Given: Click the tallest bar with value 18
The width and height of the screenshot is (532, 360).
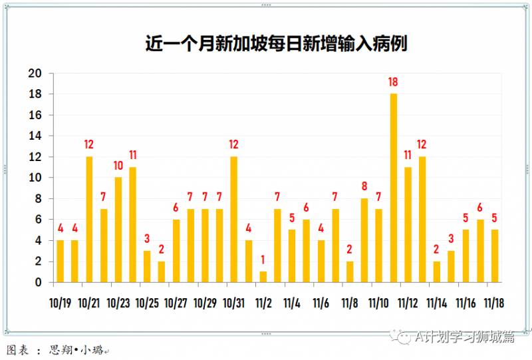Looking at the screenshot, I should pyautogui.click(x=394, y=188).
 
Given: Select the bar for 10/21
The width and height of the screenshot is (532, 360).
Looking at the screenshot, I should pyautogui.click(x=89, y=220).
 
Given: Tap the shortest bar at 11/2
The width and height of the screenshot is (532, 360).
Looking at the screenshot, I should pyautogui.click(x=263, y=277).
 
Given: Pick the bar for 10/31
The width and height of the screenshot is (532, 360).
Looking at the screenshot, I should pyautogui.click(x=234, y=220).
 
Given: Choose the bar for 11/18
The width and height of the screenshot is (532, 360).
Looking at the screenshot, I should pyautogui.click(x=495, y=256).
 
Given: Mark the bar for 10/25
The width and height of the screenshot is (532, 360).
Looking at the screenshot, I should pyautogui.click(x=147, y=267).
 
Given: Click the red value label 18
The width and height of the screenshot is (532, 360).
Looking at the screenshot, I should pyautogui.click(x=394, y=83).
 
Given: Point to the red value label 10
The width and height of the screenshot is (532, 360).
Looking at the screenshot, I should pyautogui.click(x=118, y=166).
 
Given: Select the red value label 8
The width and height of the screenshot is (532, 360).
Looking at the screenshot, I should pyautogui.click(x=364, y=187).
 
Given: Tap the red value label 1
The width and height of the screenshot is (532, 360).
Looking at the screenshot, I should pyautogui.click(x=263, y=260).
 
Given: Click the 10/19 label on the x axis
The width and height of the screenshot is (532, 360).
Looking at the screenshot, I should pyautogui.click(x=61, y=303).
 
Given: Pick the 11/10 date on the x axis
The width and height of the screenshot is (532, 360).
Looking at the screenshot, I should pyautogui.click(x=379, y=303).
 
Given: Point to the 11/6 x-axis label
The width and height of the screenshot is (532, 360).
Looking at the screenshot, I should pyautogui.click(x=321, y=303).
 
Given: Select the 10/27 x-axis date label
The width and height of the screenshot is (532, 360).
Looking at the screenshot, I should pyautogui.click(x=176, y=303).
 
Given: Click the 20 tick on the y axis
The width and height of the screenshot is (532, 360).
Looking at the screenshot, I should pyautogui.click(x=35, y=74).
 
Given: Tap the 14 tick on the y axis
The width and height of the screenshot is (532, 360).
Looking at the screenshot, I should pyautogui.click(x=35, y=136).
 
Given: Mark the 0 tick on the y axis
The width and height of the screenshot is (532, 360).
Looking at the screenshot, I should pyautogui.click(x=38, y=282).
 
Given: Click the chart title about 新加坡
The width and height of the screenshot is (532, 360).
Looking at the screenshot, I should pyautogui.click(x=276, y=45).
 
